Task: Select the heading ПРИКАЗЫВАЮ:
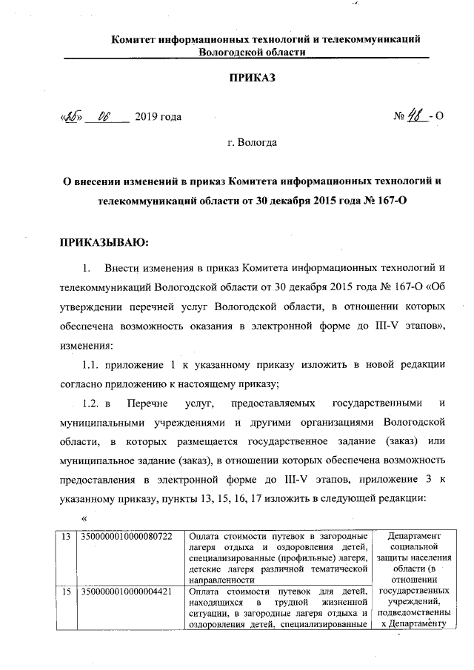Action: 104,242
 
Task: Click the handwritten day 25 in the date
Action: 71,117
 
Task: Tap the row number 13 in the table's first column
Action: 67,536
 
